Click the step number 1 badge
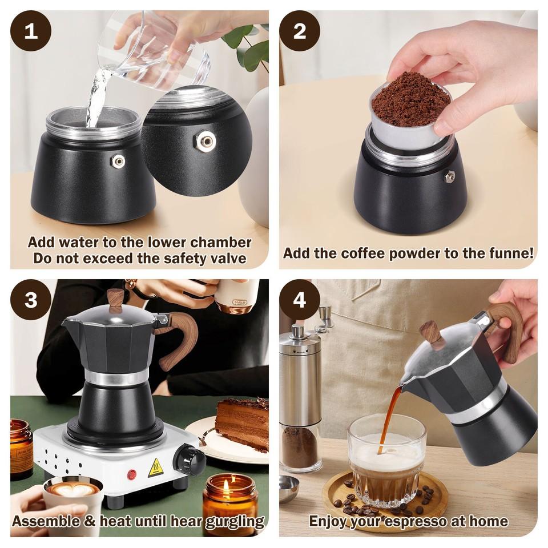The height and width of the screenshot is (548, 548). (31, 31)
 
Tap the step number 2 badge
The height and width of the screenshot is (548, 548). (300, 31)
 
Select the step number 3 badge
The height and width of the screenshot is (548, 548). (31, 300)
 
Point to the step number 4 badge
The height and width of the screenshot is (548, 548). (300, 300)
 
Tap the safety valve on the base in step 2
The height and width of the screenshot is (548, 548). (449, 178)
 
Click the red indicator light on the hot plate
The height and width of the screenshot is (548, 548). (132, 474)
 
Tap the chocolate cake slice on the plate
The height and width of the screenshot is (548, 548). (241, 424)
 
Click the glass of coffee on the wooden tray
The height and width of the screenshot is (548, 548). (387, 464)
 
